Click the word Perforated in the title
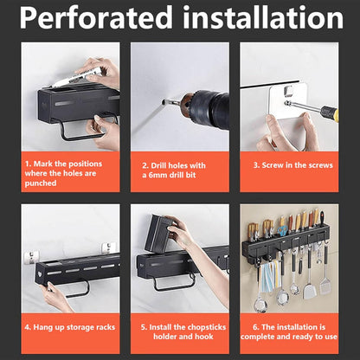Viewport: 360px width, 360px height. pyautogui.click(x=96, y=17)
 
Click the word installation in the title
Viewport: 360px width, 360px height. pyautogui.click(x=262, y=17)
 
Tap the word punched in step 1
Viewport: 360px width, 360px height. pyautogui.click(x=41, y=183)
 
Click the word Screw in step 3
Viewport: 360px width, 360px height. pyautogui.click(x=273, y=165)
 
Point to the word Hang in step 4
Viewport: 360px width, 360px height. pyautogui.click(x=42, y=327)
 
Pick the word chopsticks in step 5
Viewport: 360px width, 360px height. pyautogui.click(x=207, y=327)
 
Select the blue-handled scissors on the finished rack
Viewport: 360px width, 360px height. pyautogui.click(x=282, y=230)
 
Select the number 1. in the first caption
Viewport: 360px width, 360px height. pyautogui.click(x=28, y=164)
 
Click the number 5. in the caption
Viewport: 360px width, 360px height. pyautogui.click(x=145, y=327)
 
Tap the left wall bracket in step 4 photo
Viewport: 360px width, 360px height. pyautogui.click(x=31, y=255)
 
